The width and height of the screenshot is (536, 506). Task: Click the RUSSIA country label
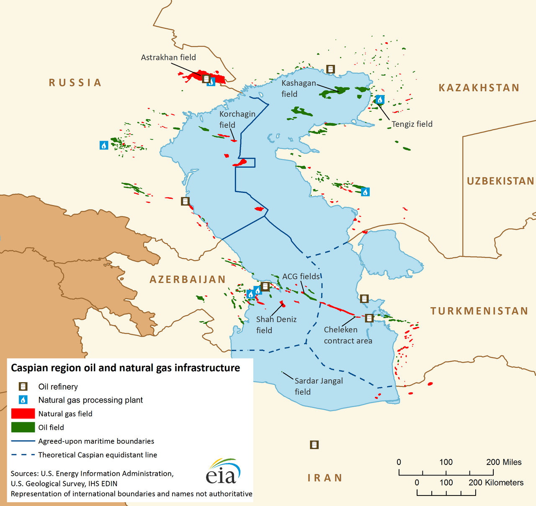pyautogui.click(x=75, y=82)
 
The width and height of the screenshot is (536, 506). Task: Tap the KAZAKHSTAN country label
pyautogui.click(x=479, y=87)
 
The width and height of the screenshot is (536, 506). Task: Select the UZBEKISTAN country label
pyautogui.click(x=500, y=181)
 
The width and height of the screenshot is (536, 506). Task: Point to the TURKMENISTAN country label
pyautogui.click(x=479, y=311)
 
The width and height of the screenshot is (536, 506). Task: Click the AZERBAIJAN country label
pyautogui.click(x=188, y=279)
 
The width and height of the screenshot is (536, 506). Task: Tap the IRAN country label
pyautogui.click(x=325, y=478)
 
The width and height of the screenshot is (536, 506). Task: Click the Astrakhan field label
pyautogui.click(x=168, y=57)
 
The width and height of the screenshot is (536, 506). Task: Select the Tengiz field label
pyautogui.click(x=412, y=124)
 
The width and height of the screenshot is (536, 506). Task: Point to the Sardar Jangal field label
pyautogui.click(x=318, y=386)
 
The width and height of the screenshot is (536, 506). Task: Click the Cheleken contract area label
pyautogui.click(x=348, y=335)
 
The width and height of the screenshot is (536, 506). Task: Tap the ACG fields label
pyautogui.click(x=301, y=277)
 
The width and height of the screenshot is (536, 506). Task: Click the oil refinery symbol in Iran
pyautogui.click(x=314, y=445)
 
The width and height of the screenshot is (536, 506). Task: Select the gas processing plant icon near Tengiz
pyautogui.click(x=380, y=99)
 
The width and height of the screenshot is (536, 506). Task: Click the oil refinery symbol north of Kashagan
pyautogui.click(x=330, y=69)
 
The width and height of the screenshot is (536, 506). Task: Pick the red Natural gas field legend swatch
pyautogui.click(x=23, y=414)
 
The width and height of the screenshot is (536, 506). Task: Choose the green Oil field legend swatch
pyautogui.click(x=23, y=427)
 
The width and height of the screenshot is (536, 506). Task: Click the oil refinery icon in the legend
pyautogui.click(x=23, y=387)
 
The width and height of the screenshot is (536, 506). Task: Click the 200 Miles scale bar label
pyautogui.click(x=504, y=462)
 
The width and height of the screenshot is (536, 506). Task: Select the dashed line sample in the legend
pyautogui.click(x=23, y=455)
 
